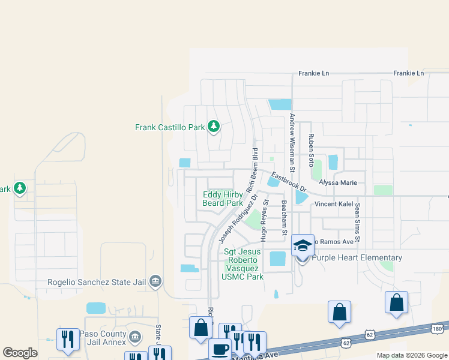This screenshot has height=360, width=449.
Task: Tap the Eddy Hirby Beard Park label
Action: [223, 199]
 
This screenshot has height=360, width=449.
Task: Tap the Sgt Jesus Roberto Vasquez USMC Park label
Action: [243, 264]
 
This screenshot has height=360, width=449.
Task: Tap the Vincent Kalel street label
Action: [334, 205]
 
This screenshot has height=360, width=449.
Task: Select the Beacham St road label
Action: [285, 217]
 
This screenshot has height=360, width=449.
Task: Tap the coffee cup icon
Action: [220, 348]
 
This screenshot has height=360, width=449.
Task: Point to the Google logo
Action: [20, 353]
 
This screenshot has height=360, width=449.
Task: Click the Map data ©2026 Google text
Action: [411, 355]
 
